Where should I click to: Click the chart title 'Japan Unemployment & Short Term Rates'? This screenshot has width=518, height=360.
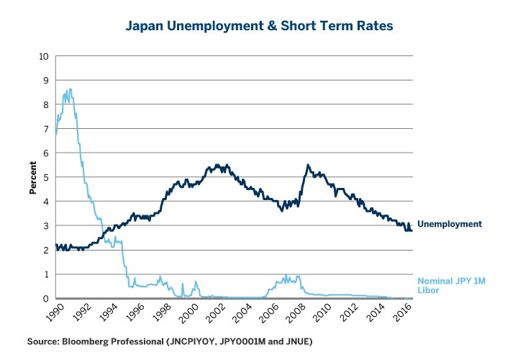(259, 27)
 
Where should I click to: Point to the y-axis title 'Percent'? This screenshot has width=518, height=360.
(32, 178)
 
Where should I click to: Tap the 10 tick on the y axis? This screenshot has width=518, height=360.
(45, 56)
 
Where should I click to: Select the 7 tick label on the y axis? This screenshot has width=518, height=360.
(47, 129)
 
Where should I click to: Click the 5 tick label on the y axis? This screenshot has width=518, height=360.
(47, 177)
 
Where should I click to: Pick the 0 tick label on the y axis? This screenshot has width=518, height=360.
(47, 299)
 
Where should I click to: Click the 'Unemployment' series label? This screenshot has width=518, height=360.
(449, 224)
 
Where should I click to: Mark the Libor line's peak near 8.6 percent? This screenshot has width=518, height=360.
(69, 89)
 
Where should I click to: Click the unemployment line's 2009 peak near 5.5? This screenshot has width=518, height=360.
(308, 165)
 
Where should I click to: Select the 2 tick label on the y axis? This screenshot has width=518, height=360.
(47, 250)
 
